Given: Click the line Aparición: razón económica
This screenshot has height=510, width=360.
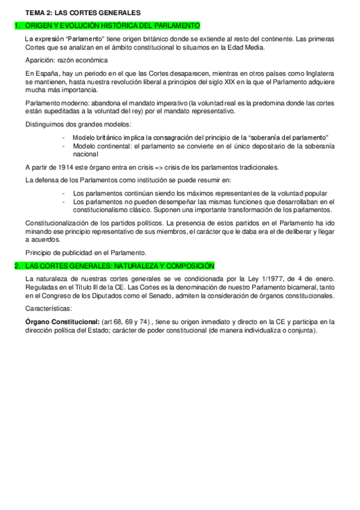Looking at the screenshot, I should [66, 60].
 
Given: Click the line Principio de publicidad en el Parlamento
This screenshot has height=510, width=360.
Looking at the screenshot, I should [85, 252].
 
